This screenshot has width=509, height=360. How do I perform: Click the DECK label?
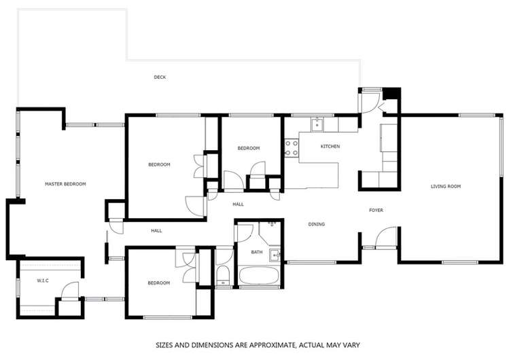coord(160,77)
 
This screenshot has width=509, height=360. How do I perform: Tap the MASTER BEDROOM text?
coord(65,184)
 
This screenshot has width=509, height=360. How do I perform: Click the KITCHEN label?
coord(330,147)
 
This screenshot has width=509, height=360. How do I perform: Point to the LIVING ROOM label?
coord(446,186)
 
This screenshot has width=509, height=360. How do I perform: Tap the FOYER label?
coord(376,210)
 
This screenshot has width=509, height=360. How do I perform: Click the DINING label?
coord(316,224)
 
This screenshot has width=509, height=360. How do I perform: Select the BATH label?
coord(256,253)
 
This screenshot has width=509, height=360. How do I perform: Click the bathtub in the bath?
coord(258,276)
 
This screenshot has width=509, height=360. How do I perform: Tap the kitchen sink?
coord(317,125)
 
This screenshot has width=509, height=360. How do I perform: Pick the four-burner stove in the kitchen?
coord(292,148)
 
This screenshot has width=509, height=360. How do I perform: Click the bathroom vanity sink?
coord(274,255)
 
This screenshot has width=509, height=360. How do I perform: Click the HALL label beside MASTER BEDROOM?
coord(156,231)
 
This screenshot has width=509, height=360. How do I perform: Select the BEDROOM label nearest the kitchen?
coord(248,148)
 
